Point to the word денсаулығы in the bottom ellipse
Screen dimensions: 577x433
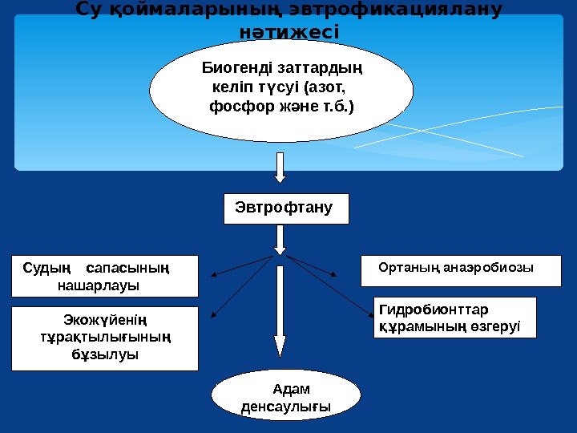coord(285,407)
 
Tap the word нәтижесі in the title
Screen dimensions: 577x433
coord(289,33)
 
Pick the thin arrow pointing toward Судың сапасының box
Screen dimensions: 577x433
coord(240,267)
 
